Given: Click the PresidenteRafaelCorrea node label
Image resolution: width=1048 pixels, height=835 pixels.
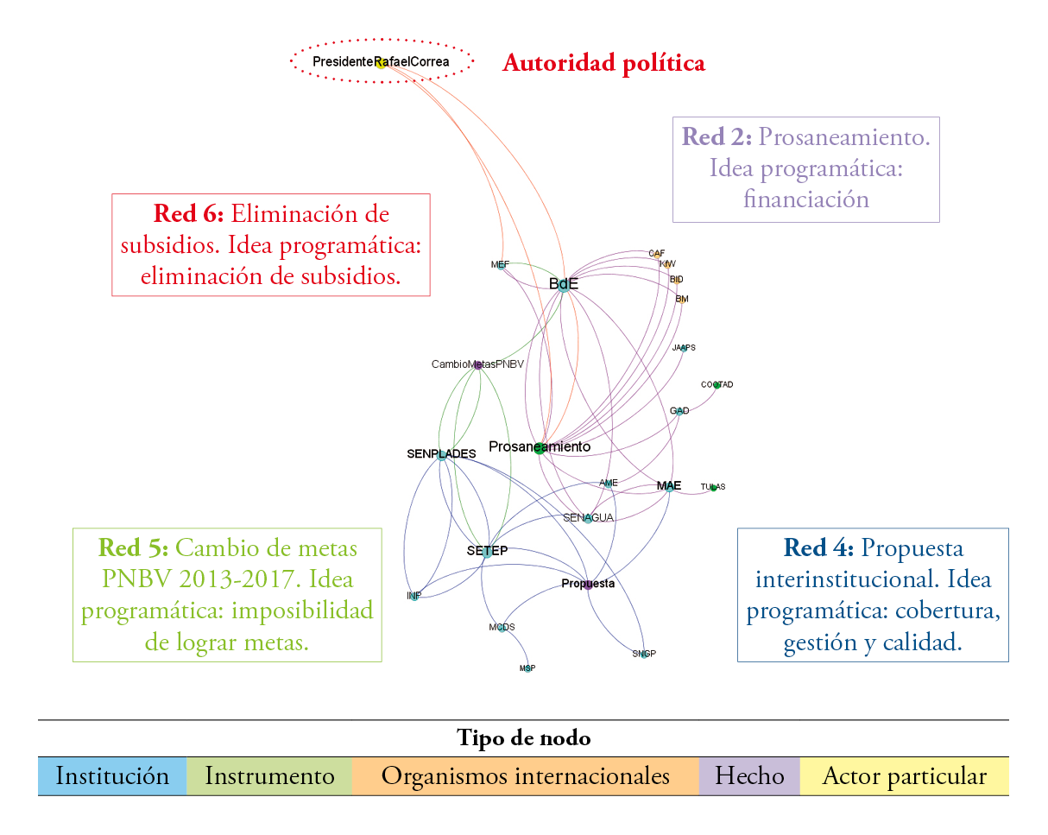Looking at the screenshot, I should tap(381, 62).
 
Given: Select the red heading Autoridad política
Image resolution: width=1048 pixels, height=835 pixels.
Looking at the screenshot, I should tap(603, 63).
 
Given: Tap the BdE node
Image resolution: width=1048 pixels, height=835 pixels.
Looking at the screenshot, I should tap(564, 285).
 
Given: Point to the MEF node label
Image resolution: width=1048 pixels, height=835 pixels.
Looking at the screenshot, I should tap(500, 264).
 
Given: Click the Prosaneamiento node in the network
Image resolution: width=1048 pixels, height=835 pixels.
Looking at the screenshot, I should tap(540, 447).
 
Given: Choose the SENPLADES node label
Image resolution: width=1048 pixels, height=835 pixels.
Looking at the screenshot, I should tap(441, 453).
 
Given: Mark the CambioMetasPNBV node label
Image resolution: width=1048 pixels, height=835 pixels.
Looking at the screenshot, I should tap(477, 364).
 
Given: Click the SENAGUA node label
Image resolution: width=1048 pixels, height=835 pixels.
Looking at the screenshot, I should tap(588, 518).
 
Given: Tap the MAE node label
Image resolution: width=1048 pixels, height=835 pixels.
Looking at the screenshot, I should tap(669, 486).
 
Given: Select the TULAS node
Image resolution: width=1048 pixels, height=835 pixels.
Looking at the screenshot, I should tap(713, 487).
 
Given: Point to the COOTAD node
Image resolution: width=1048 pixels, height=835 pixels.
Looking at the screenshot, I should tap(717, 384).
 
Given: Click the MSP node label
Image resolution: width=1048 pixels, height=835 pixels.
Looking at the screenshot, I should tap(527, 668).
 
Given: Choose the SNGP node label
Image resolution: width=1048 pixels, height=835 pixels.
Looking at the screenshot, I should tap(644, 654).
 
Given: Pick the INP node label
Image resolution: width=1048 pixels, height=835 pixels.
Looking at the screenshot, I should tap(414, 596).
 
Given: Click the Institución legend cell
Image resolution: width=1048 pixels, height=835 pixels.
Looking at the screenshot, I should tap(112, 776).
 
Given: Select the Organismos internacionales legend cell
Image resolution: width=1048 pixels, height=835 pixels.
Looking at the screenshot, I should tap(525, 776).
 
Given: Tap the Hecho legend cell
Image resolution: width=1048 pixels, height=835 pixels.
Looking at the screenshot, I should tap(749, 776).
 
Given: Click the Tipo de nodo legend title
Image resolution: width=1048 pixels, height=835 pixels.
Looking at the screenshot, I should tap(523, 738).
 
